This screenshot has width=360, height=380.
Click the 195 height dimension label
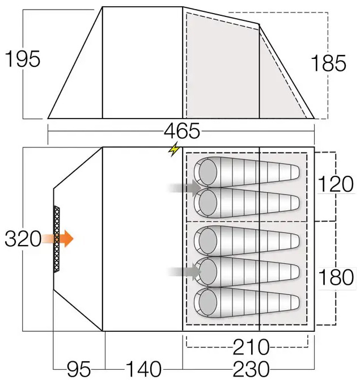23,59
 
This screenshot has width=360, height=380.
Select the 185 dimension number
328,64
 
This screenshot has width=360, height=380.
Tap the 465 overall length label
181,132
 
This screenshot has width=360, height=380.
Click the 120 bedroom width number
336,184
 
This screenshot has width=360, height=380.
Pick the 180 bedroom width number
336,279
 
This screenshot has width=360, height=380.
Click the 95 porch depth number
79,369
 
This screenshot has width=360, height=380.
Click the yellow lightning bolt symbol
173,150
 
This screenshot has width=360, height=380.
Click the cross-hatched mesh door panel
56,239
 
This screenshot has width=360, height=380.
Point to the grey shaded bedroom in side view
221,65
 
